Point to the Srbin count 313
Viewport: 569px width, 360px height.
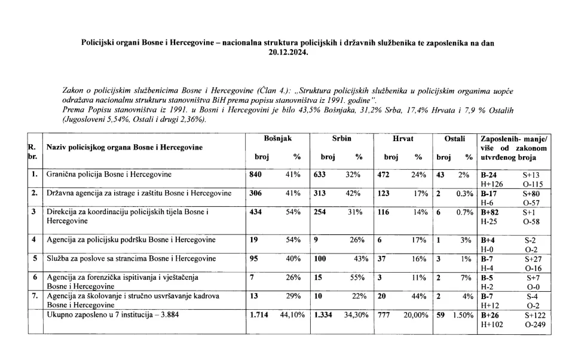coord(322,194)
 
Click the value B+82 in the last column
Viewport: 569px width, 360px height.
coord(490,212)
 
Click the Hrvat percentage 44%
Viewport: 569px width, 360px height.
coord(419,296)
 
